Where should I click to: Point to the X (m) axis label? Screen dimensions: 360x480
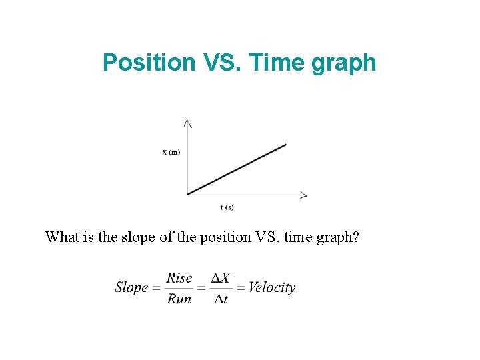171,152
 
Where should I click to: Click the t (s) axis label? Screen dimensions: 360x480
227,207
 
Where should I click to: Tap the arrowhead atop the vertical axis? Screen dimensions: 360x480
187,122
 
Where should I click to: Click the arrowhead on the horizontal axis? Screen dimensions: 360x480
304,195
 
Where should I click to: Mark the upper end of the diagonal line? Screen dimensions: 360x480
285,144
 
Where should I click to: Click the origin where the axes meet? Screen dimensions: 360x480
187,195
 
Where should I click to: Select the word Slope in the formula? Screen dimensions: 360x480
131,288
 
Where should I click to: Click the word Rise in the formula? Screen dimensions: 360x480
179,278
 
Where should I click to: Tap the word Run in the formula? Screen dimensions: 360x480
179,299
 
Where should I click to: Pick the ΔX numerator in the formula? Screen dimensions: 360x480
221,278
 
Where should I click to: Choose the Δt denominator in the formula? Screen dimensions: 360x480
221,299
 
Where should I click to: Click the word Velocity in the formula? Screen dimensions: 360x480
271,288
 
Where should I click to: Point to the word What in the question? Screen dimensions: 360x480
61,237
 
